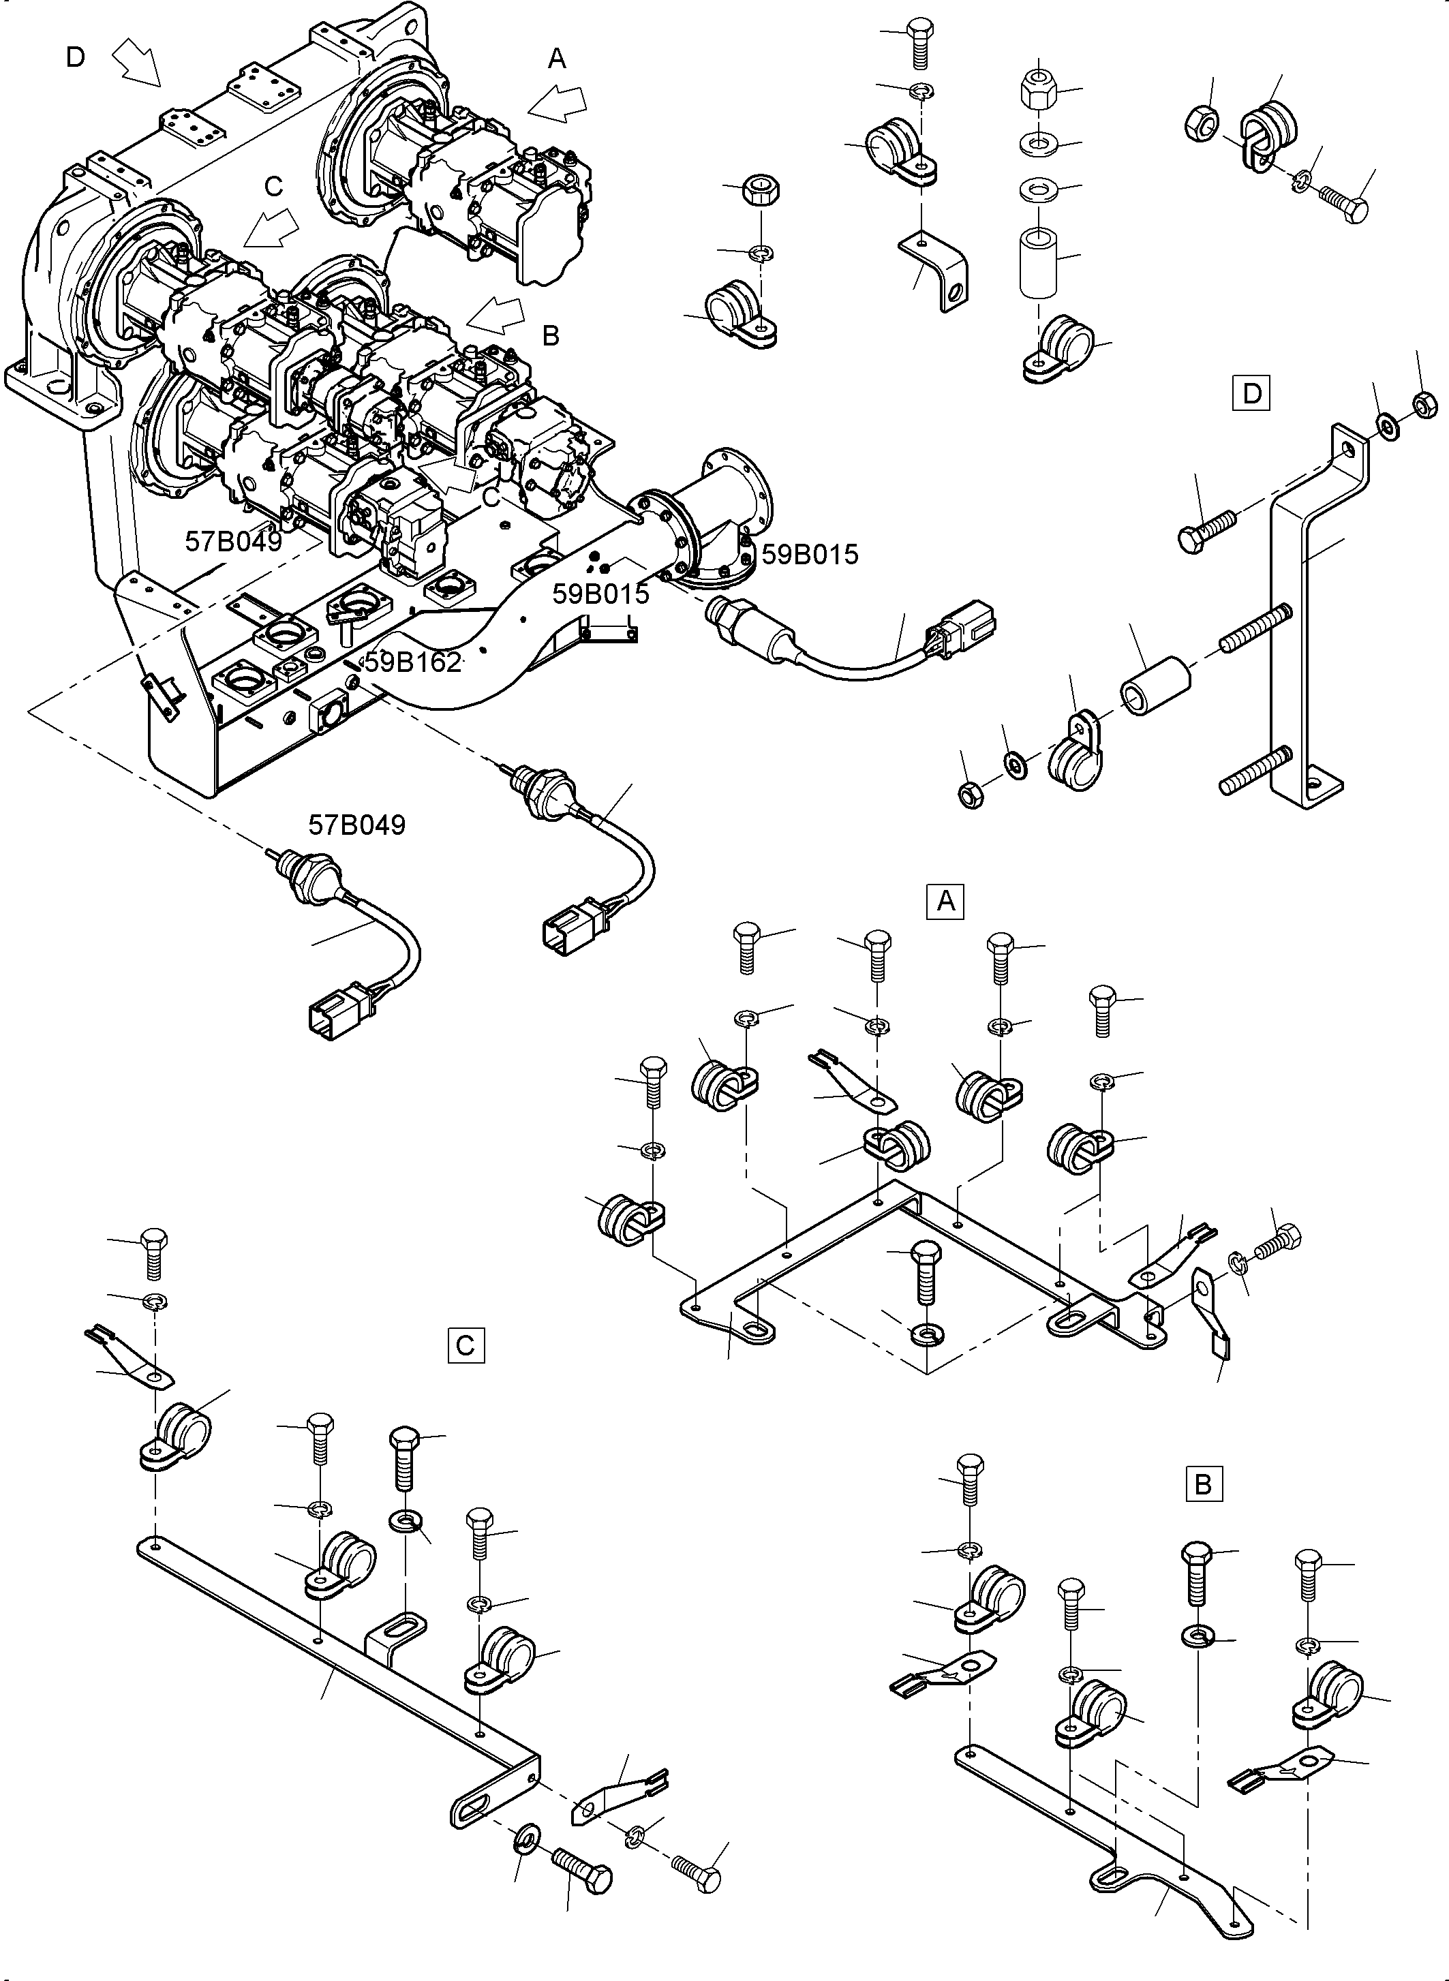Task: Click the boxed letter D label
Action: point(1251,393)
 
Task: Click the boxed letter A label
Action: point(945,901)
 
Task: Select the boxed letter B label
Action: point(1202,1485)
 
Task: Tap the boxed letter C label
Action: point(465,1345)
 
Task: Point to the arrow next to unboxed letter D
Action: point(138,65)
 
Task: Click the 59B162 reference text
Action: point(412,663)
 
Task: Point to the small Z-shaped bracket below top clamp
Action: point(936,270)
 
